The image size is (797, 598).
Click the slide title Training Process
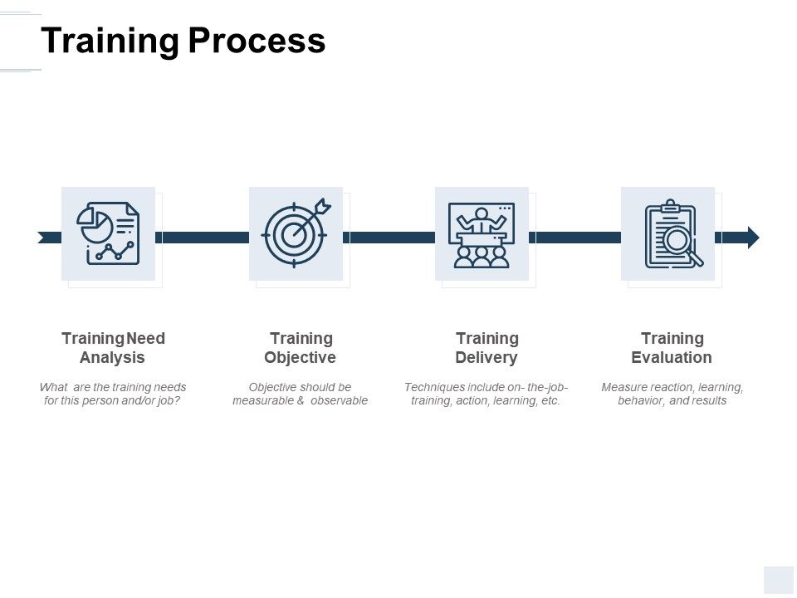coord(183,41)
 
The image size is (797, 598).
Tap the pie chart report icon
coord(108,233)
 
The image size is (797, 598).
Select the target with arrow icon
coord(296,233)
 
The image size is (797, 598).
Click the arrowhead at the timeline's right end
coord(753,238)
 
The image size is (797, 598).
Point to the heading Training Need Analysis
coord(113,348)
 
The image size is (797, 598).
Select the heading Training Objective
coord(301,348)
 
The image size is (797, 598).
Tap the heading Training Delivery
coord(487,348)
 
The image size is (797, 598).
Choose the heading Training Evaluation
coord(672,348)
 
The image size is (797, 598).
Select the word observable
coord(339,400)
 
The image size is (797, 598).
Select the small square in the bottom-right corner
coord(779,579)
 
